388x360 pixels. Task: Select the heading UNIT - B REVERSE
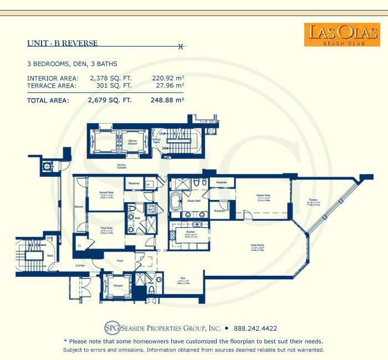(x=63, y=43)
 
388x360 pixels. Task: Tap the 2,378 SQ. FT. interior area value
(x=109, y=78)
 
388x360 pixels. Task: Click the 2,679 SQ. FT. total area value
(x=109, y=101)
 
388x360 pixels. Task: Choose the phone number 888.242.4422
(x=256, y=328)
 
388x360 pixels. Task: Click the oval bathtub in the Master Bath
(x=175, y=202)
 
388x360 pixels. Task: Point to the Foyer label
(x=119, y=259)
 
